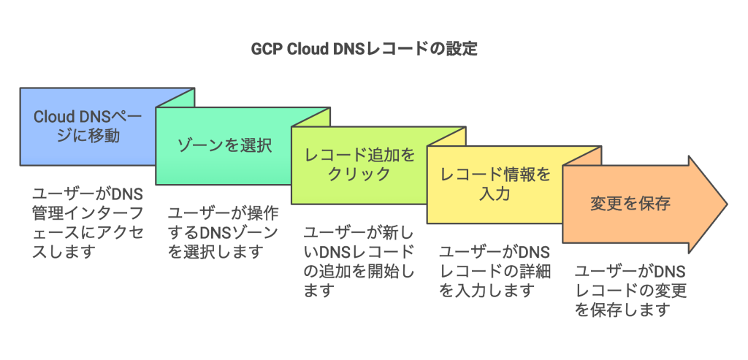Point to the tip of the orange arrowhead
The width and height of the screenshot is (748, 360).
726,204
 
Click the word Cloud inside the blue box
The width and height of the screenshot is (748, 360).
54,117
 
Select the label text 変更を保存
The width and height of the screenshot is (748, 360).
630,204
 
